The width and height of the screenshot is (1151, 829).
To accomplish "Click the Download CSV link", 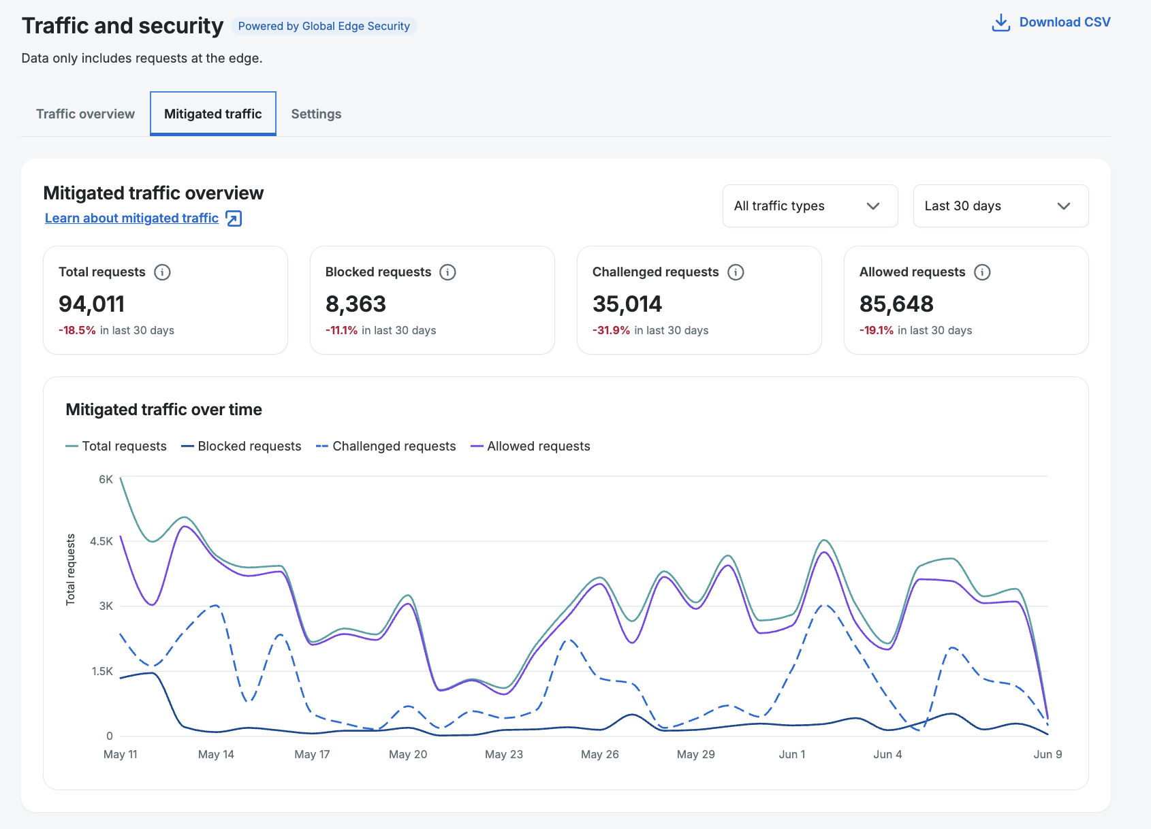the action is click(x=1051, y=22).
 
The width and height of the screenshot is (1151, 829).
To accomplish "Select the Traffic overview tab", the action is click(x=85, y=114).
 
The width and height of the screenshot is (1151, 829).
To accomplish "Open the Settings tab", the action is click(x=316, y=114).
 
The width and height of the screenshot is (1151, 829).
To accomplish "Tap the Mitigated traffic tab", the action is click(x=212, y=114).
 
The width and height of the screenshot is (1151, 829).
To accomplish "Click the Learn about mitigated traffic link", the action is click(x=143, y=218).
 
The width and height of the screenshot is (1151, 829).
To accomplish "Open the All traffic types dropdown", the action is click(x=810, y=206).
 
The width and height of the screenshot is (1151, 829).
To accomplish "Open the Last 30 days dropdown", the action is click(x=1000, y=206).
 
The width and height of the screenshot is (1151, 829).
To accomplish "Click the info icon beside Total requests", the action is click(x=162, y=272).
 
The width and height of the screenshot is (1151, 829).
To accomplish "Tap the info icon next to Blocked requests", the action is click(x=447, y=272).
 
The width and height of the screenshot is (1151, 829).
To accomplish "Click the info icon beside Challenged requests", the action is click(x=736, y=272).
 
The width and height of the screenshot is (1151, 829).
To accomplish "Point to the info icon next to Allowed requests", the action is click(x=982, y=272).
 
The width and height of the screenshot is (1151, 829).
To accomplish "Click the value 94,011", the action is click(x=91, y=304).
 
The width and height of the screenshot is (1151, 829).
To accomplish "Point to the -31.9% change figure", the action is click(x=611, y=330).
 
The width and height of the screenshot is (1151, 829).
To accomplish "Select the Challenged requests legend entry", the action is click(x=386, y=446).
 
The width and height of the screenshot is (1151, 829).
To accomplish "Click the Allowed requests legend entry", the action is click(x=531, y=446).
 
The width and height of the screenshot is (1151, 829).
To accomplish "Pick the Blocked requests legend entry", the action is click(x=241, y=446).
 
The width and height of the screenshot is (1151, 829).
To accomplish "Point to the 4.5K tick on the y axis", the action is click(x=101, y=541).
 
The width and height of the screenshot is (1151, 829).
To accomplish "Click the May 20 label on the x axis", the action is click(x=408, y=754).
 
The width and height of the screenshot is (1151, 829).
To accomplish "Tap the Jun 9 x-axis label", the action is click(x=1047, y=754).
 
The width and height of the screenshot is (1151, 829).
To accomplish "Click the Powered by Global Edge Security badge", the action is click(x=324, y=26).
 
